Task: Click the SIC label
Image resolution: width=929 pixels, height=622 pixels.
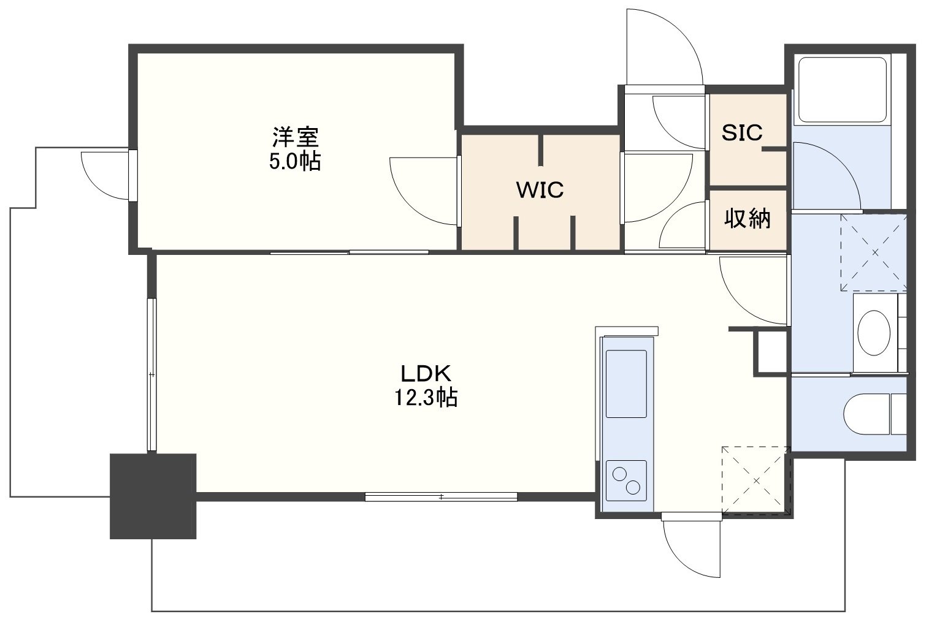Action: [x=742, y=132]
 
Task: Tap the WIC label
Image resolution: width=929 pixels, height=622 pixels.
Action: [x=540, y=190]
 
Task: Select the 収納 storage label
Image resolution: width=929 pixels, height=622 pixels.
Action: [x=747, y=218]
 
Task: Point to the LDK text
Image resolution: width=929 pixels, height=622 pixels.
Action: [x=426, y=374]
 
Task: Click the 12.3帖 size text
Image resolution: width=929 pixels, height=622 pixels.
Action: [x=426, y=398]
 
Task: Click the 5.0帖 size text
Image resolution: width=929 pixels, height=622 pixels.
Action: [x=295, y=161]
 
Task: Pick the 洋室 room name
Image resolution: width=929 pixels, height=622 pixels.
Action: [x=296, y=137]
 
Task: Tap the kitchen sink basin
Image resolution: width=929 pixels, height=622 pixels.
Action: [x=626, y=384]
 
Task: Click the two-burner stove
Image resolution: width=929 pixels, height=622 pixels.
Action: [x=626, y=480]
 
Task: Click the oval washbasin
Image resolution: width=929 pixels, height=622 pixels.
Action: [x=873, y=332]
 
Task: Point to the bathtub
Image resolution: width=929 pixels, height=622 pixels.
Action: [x=843, y=90]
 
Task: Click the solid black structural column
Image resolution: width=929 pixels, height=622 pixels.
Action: [x=153, y=496]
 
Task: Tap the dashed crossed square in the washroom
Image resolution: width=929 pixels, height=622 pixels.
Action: [x=874, y=252]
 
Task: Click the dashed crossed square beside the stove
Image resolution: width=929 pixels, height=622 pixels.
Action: [x=755, y=480]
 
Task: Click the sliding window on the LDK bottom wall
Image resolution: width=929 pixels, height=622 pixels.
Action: [x=442, y=496]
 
